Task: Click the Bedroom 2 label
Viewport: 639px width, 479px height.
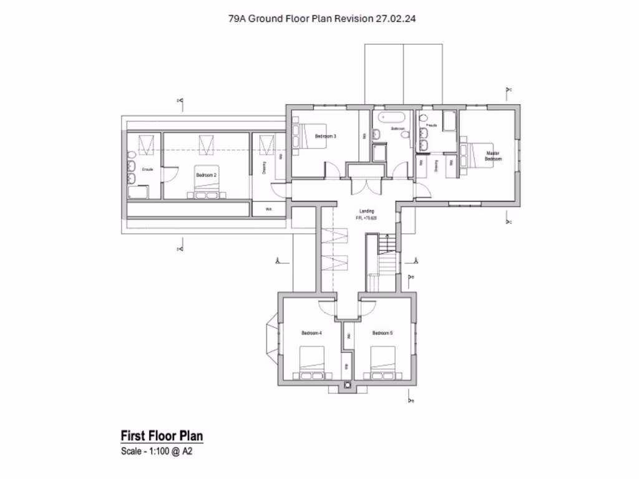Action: pos(206,175)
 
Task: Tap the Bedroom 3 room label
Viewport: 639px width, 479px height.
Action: pos(325,136)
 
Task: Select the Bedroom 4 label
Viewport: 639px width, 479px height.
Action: pos(311,333)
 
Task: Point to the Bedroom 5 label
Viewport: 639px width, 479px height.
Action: pos(382,333)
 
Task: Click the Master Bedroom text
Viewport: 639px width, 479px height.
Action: pos(493,156)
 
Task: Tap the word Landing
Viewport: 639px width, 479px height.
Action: pos(366,211)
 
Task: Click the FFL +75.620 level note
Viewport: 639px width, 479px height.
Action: pos(366,218)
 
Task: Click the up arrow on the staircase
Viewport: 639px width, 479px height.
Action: pos(388,240)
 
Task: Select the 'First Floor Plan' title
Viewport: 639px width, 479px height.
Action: pos(162,435)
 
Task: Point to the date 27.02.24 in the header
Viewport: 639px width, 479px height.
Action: pos(396,19)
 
